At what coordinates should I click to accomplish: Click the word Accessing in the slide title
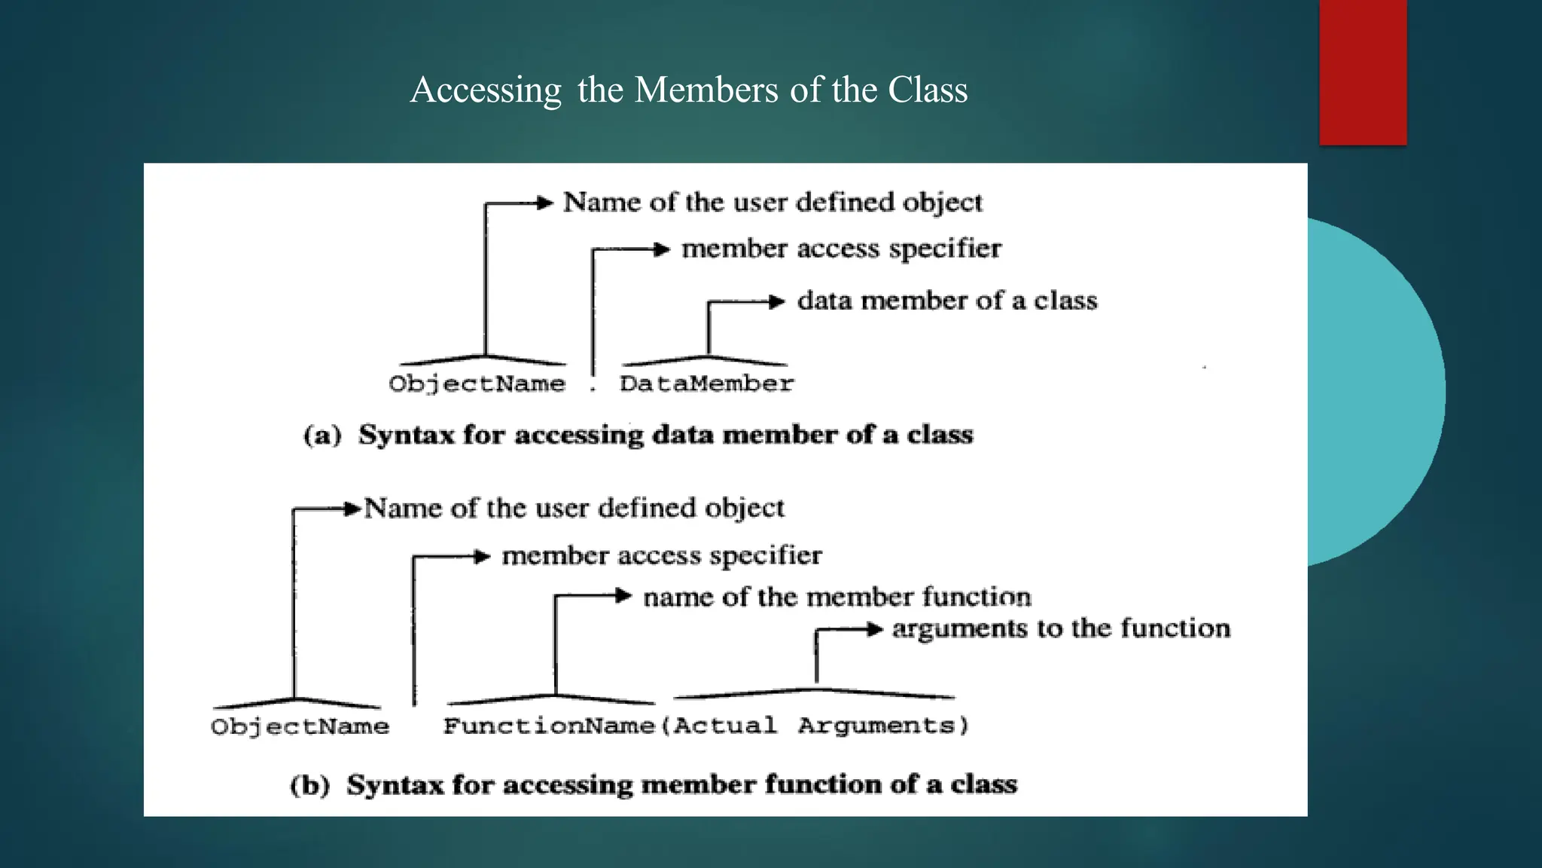pos(486,90)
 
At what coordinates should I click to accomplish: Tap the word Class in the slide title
pos(928,90)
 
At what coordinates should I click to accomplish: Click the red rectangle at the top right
pos(1363,72)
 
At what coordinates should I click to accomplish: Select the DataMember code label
pos(706,384)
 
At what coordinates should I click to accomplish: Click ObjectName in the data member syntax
pos(477,384)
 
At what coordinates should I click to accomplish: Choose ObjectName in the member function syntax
pos(300,726)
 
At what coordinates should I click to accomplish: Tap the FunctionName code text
pos(549,726)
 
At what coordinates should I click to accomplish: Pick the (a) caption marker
pos(322,436)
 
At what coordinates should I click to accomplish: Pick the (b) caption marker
pos(310,785)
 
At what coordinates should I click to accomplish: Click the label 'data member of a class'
pos(947,301)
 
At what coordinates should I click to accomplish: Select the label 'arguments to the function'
pos(1061,628)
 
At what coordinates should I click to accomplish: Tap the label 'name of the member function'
pos(837,597)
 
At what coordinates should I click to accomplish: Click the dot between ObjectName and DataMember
pos(593,389)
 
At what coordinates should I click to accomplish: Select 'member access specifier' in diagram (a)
pos(841,249)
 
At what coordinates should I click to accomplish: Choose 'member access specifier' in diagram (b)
pos(662,556)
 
